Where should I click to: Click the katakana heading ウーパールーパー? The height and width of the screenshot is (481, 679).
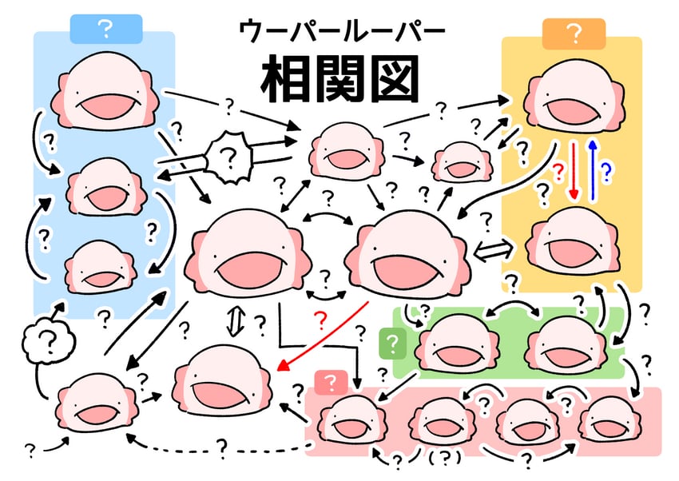342,32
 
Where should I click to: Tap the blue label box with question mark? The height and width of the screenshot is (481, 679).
106,29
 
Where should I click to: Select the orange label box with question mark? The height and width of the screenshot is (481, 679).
574,34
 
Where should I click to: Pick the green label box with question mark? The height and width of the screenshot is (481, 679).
392,344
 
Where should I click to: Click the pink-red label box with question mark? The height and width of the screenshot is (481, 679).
331,383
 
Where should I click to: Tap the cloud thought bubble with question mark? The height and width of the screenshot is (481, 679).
48,342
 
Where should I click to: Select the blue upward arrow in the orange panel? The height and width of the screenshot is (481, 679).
593,169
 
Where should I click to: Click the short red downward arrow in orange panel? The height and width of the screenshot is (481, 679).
574,170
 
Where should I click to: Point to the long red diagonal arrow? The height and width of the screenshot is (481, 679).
323,336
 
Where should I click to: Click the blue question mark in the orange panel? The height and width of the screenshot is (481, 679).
606,172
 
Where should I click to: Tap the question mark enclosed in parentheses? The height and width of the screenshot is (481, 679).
444,458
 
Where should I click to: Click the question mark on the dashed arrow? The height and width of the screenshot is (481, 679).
222,448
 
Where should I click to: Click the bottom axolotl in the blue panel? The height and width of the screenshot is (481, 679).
100,267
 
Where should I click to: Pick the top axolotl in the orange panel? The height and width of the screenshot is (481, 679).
574,96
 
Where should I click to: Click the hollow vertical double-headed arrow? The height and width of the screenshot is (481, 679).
233,321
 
